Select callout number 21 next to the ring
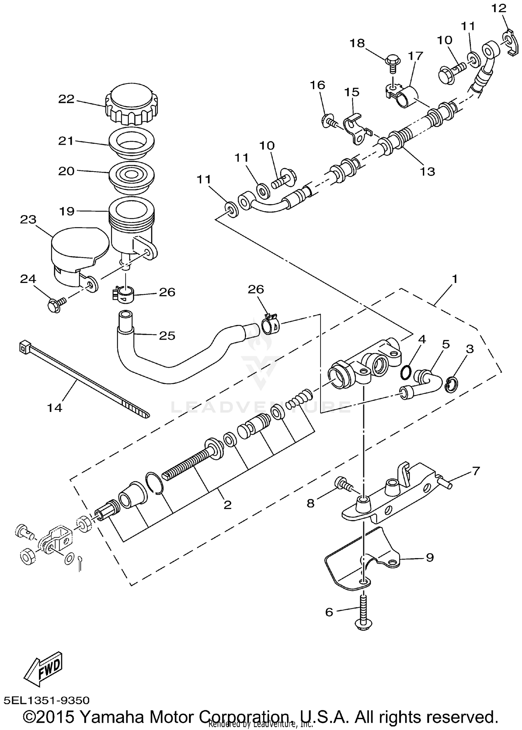(x=66, y=141)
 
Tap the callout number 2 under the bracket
(x=227, y=505)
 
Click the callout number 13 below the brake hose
(x=427, y=171)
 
